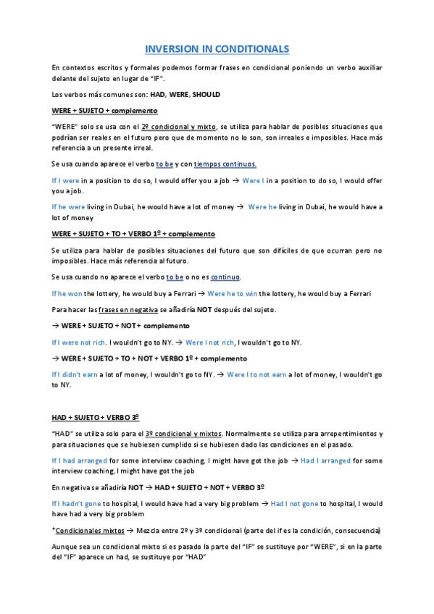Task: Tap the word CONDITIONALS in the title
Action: click(251, 49)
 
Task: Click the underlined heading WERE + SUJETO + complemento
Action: click(104, 111)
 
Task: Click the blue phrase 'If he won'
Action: click(67, 293)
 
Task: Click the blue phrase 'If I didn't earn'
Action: click(77, 375)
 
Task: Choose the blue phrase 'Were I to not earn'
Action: click(256, 375)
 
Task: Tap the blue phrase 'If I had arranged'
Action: click(80, 460)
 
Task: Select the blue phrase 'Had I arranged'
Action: click(326, 460)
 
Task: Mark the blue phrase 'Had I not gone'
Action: click(295, 503)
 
